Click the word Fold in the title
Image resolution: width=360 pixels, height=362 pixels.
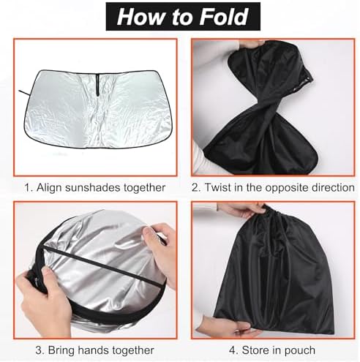coord(224,17)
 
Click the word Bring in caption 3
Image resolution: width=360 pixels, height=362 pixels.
coord(61,350)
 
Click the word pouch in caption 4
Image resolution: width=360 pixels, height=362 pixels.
coord(299,351)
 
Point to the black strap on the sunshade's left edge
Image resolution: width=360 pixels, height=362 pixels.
coord(24,93)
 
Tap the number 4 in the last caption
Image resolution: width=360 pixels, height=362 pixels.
coord(233,350)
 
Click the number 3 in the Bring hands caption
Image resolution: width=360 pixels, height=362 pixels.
coord(38,350)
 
